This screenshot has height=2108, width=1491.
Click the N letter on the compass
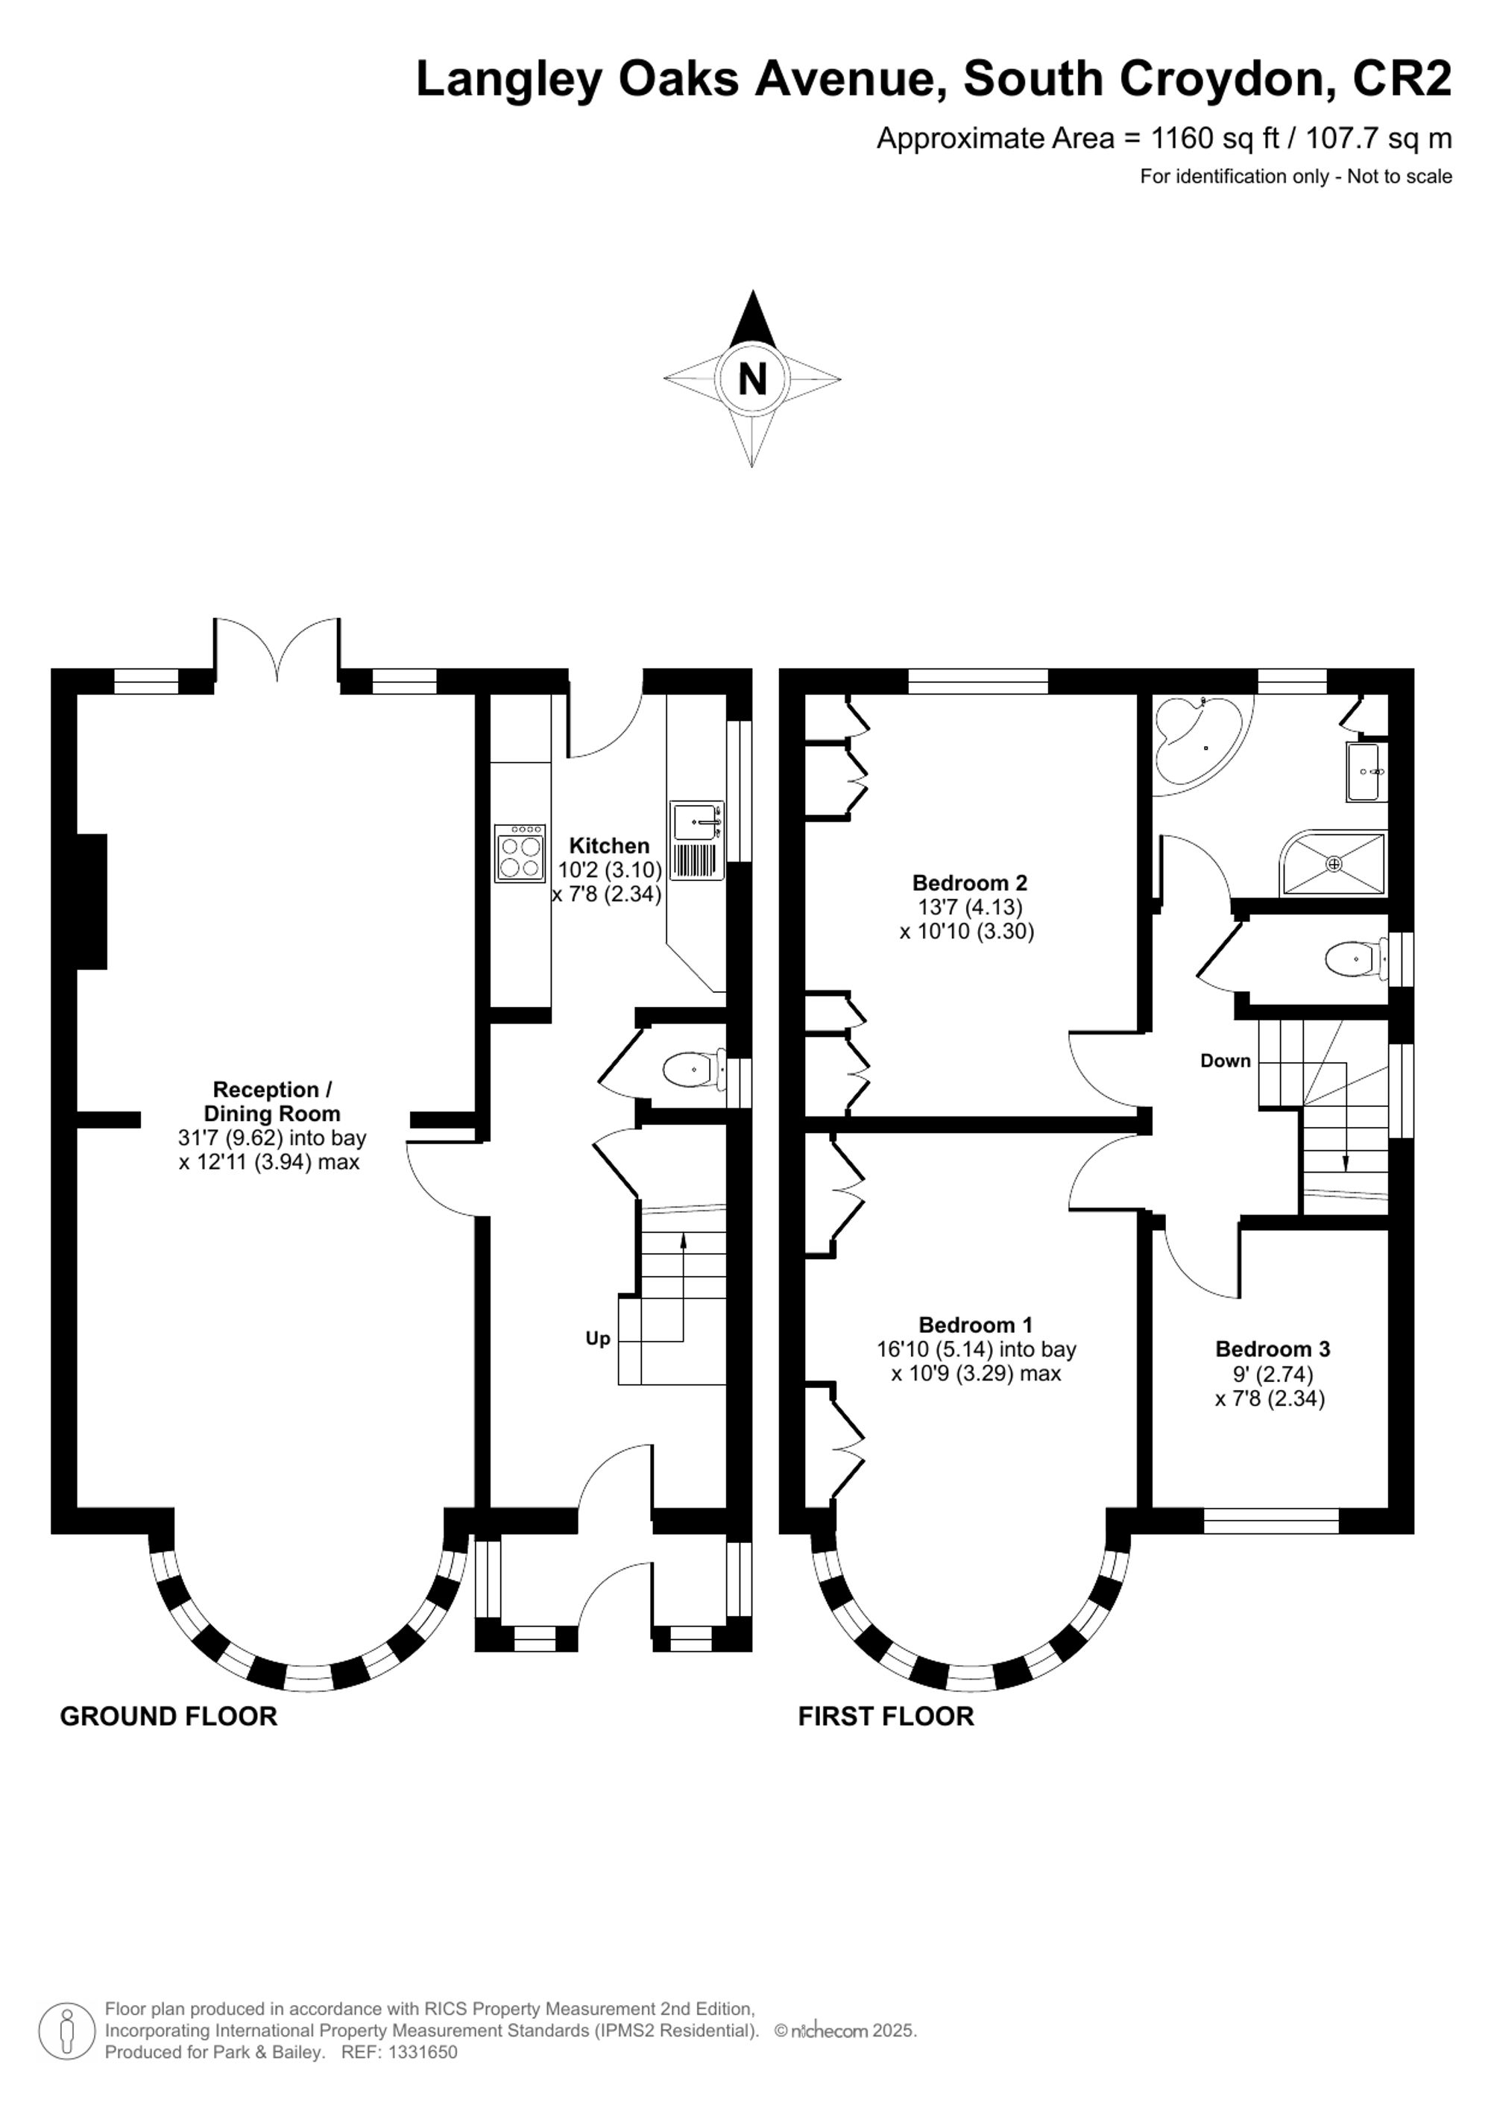pos(752,378)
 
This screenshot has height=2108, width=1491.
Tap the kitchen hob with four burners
pos(520,855)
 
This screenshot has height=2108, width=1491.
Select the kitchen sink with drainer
pos(697,841)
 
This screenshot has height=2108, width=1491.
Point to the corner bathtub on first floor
pos(1194,739)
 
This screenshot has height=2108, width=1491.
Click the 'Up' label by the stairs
pos(598,1339)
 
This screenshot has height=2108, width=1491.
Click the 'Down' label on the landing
pos(1225,1061)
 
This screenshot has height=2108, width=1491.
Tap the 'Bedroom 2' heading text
pos(968,883)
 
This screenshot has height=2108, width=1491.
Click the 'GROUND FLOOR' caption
pos(168,1716)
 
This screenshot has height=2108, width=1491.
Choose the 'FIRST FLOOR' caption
pos(885,1716)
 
